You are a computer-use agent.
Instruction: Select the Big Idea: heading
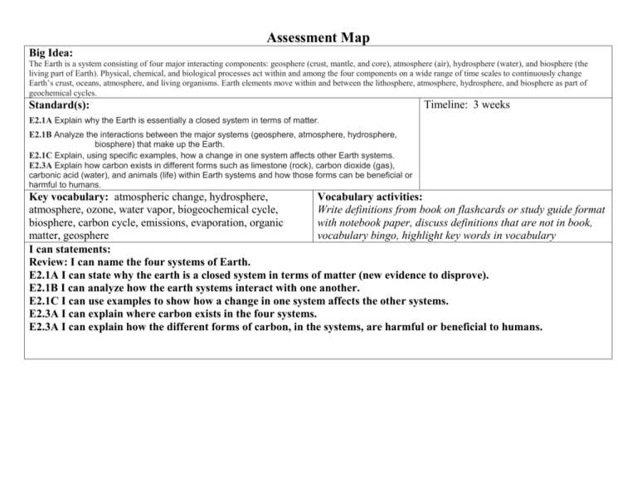[51, 52]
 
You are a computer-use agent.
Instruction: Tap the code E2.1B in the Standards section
[40, 133]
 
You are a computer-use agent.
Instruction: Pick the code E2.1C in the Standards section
[40, 155]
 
